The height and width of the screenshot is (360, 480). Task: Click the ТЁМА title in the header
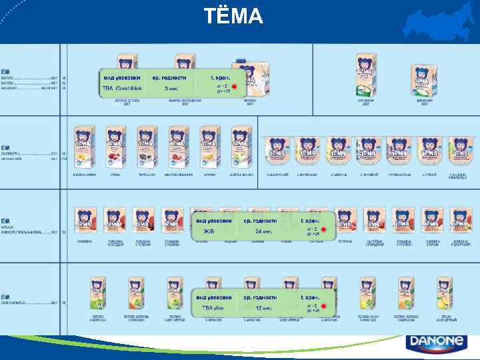click(233, 15)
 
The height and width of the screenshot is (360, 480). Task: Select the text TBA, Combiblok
click(119, 88)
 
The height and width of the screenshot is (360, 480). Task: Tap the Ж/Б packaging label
click(208, 231)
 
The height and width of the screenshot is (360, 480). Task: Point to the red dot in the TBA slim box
click(324, 307)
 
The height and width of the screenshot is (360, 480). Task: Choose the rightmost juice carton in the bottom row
click(445, 295)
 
